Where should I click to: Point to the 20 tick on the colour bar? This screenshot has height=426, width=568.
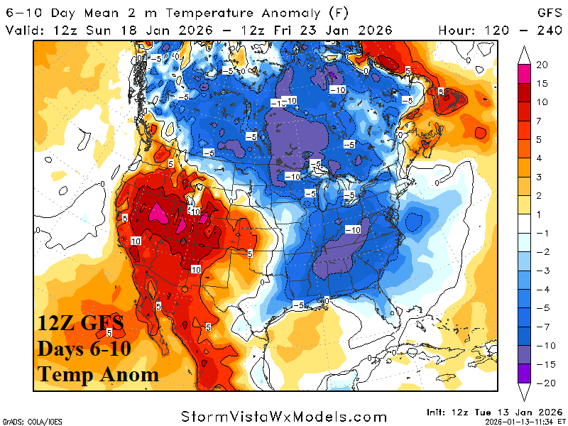click(541, 65)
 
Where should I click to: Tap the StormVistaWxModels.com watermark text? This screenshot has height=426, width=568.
click(284, 416)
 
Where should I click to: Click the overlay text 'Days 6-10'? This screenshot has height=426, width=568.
click(86, 349)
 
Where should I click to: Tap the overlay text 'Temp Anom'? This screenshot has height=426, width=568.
click(98, 373)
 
